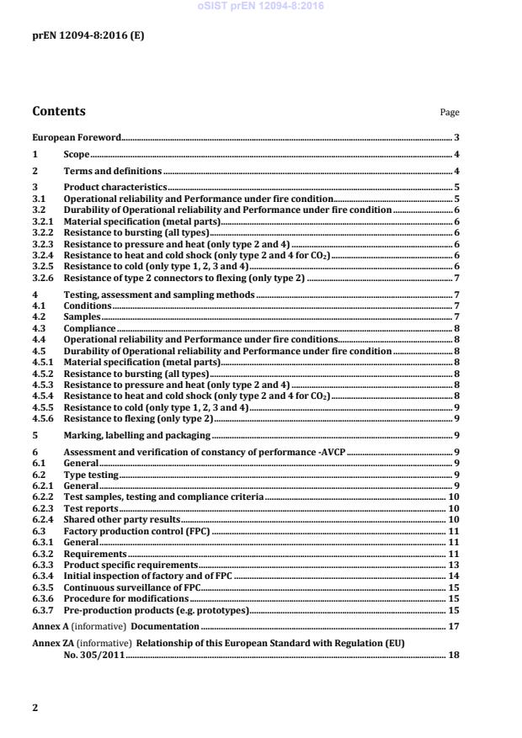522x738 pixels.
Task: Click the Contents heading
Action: [x=59, y=111]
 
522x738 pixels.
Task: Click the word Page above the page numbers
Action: [x=450, y=113]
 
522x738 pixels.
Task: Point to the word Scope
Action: [x=77, y=154]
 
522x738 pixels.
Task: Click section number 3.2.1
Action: [x=43, y=220]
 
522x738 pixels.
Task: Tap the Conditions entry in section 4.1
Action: [x=88, y=305]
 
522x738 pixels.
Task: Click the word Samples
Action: [x=83, y=316]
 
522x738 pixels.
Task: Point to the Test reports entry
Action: [x=91, y=509]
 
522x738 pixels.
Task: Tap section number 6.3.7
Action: [x=43, y=610]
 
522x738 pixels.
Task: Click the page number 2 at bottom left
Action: [x=35, y=708]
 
